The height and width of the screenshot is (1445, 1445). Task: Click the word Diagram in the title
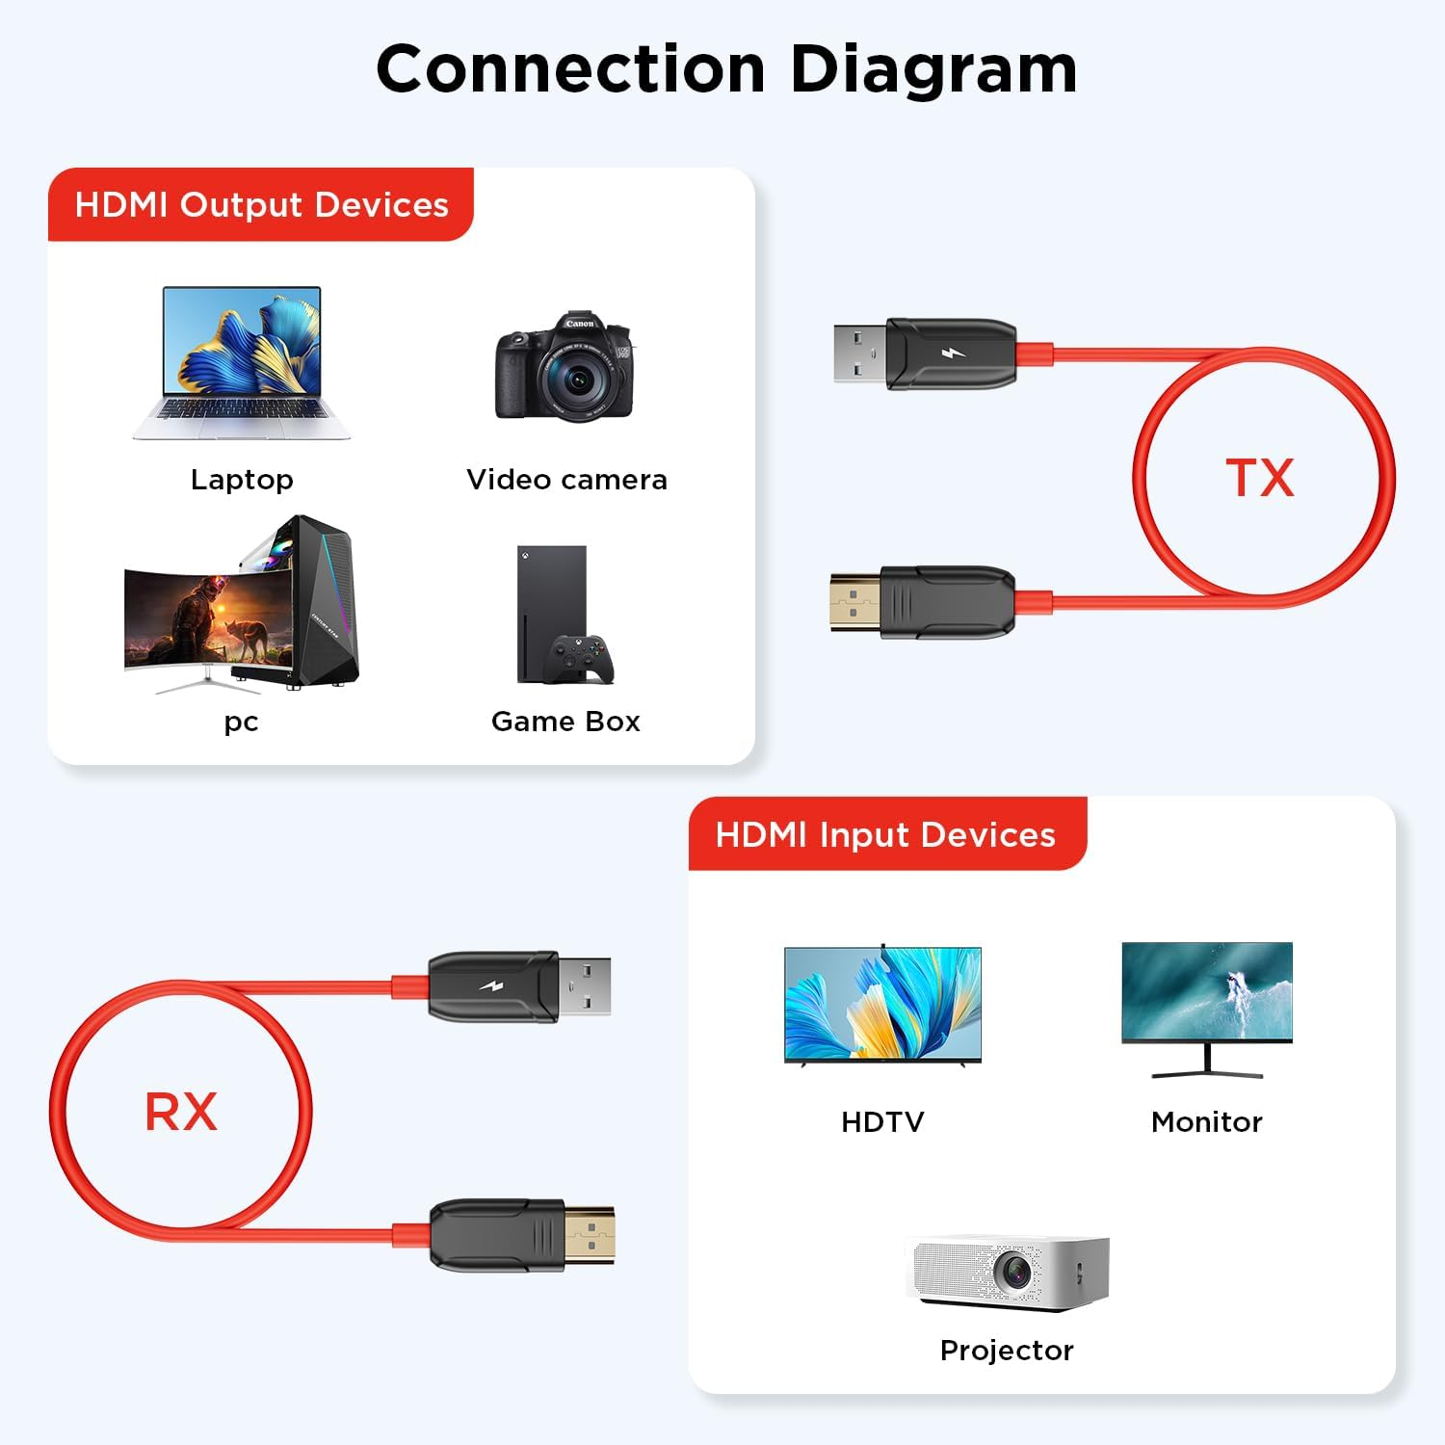point(933,69)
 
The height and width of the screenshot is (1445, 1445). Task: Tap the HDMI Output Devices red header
point(261,204)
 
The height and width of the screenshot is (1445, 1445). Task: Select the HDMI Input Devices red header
point(885,834)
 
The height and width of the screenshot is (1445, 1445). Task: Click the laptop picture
point(242,361)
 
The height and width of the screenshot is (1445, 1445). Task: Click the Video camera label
point(566,480)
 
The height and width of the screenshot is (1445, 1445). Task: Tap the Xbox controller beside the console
point(577,659)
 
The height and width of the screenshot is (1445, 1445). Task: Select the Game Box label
point(565,722)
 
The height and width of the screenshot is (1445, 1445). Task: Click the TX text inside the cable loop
point(1260,478)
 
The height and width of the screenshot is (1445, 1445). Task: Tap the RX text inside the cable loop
point(181,1112)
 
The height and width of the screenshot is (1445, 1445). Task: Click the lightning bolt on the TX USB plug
point(953,354)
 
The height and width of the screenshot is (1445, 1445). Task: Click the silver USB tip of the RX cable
point(584,985)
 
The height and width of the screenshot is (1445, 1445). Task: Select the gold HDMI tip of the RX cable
point(589,1234)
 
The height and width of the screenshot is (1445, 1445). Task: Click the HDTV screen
point(882,1004)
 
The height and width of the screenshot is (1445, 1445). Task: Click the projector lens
point(1015,1272)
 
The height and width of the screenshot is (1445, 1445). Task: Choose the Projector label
point(1007,1351)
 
